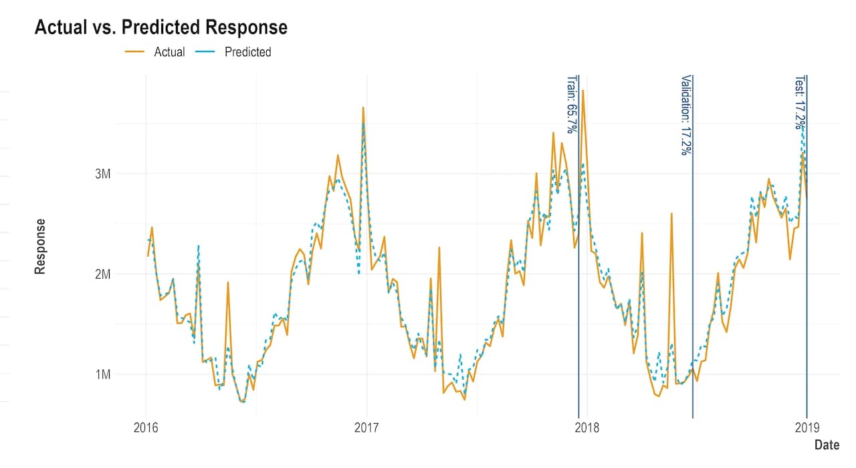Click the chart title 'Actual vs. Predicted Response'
point(161,27)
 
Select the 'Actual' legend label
point(169,52)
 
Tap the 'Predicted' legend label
point(248,52)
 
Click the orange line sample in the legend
point(134,51)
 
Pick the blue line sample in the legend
point(205,51)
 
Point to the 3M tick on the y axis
point(103,174)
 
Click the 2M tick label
point(103,274)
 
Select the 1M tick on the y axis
point(103,374)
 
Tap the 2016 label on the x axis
point(146,427)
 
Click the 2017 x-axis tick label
point(366,427)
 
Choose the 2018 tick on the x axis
point(587,427)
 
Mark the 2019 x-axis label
point(807,427)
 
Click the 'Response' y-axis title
point(40,247)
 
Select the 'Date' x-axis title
point(827,445)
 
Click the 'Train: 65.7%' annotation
point(571,104)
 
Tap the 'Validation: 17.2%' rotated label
point(686,115)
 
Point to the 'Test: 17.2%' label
point(800,102)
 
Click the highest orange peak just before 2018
point(582,90)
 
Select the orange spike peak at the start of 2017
point(363,108)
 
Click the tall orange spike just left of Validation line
point(671,213)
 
